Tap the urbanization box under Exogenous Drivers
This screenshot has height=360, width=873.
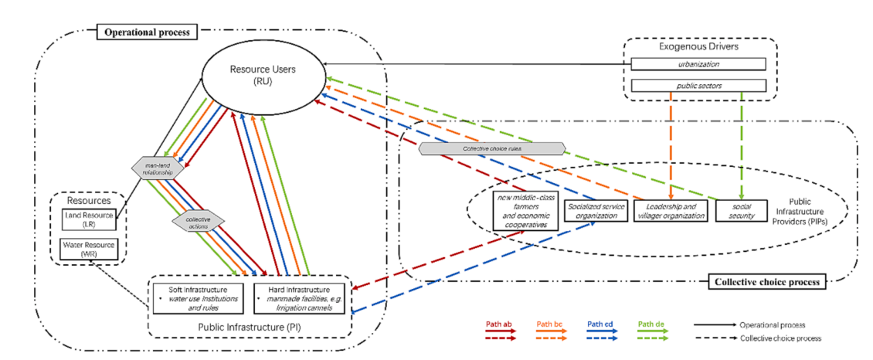point(698,65)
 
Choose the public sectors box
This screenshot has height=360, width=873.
point(698,85)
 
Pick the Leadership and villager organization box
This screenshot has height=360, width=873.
point(670,211)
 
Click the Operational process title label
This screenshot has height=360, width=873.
point(147,32)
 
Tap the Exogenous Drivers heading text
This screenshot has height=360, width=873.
point(698,47)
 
